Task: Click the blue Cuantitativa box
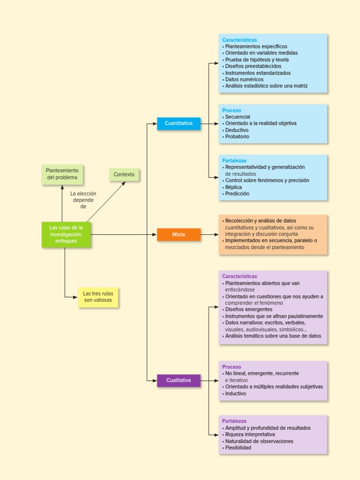[179, 124]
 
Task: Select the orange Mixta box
[179, 234]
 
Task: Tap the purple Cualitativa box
[179, 381]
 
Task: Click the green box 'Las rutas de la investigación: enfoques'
[66, 234]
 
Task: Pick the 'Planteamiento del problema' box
[62, 174]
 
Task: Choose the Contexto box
[124, 175]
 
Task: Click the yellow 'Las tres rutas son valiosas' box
[98, 297]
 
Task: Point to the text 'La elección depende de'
[83, 200]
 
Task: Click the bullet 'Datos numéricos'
[244, 80]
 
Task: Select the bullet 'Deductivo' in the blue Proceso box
[237, 130]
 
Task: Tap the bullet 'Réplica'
[233, 187]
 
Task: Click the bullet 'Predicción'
[237, 194]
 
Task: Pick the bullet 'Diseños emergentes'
[248, 309]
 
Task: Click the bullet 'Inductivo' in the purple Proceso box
[235, 394]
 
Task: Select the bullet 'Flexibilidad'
[238, 448]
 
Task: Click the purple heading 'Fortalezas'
[234, 421]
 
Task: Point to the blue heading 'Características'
[240, 40]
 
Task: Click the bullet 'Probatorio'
[237, 137]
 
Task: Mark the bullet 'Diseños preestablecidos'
[253, 67]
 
